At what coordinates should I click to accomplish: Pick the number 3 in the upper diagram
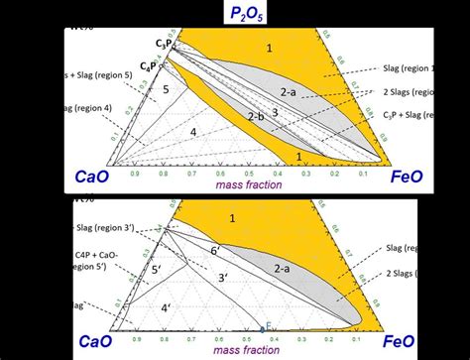275,112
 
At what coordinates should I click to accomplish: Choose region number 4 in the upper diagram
194,131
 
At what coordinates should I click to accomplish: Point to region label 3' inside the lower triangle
224,278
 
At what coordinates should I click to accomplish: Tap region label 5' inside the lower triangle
154,269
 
